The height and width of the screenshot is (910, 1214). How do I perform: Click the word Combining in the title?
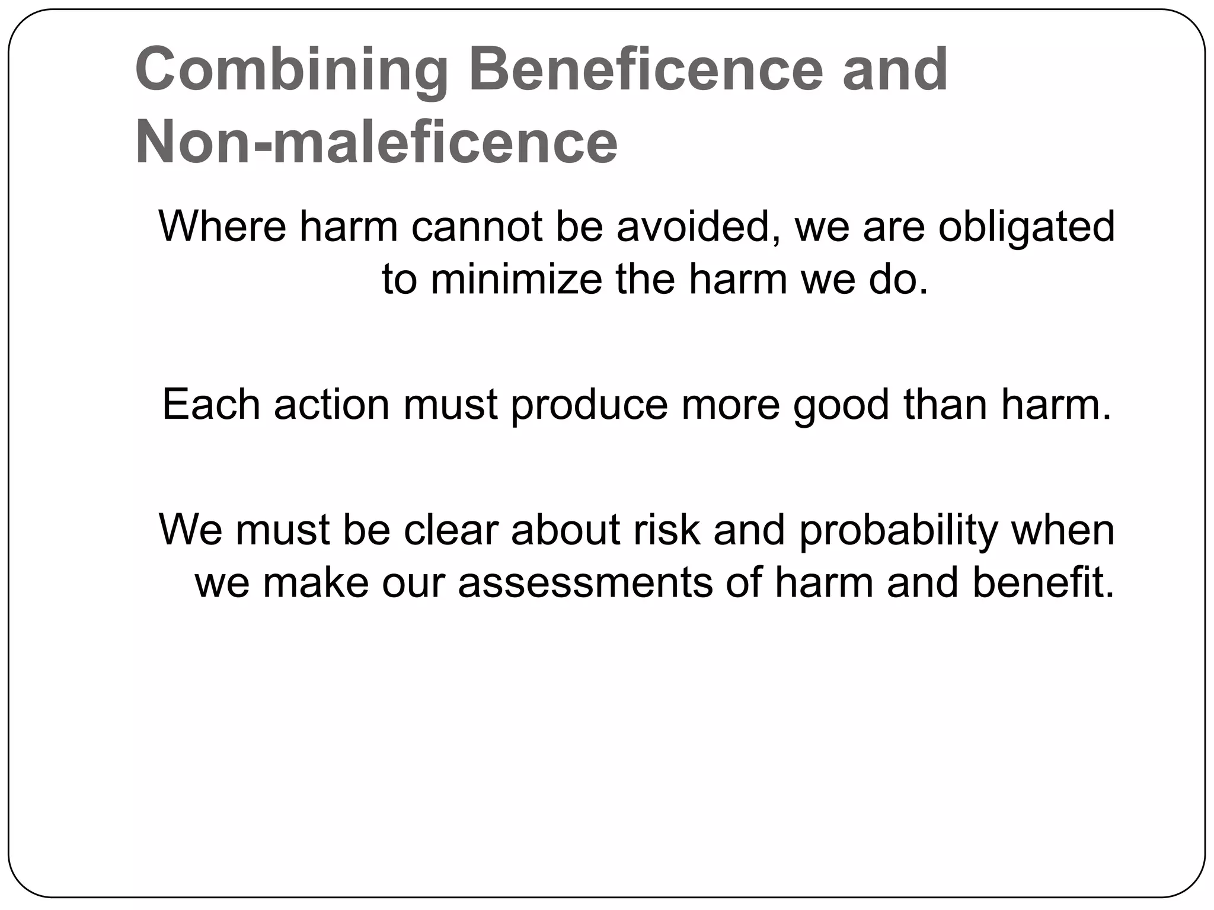[x=291, y=71]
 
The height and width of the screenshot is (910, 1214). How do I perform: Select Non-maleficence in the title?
[x=376, y=143]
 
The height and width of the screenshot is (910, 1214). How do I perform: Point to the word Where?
[x=222, y=226]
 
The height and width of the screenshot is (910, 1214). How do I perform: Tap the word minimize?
[x=516, y=279]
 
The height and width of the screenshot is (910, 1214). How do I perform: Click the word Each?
[x=211, y=405]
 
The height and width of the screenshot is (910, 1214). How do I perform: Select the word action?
[x=332, y=405]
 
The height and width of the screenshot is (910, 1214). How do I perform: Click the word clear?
[x=451, y=529]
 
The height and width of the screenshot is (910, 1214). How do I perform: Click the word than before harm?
[x=945, y=405]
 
